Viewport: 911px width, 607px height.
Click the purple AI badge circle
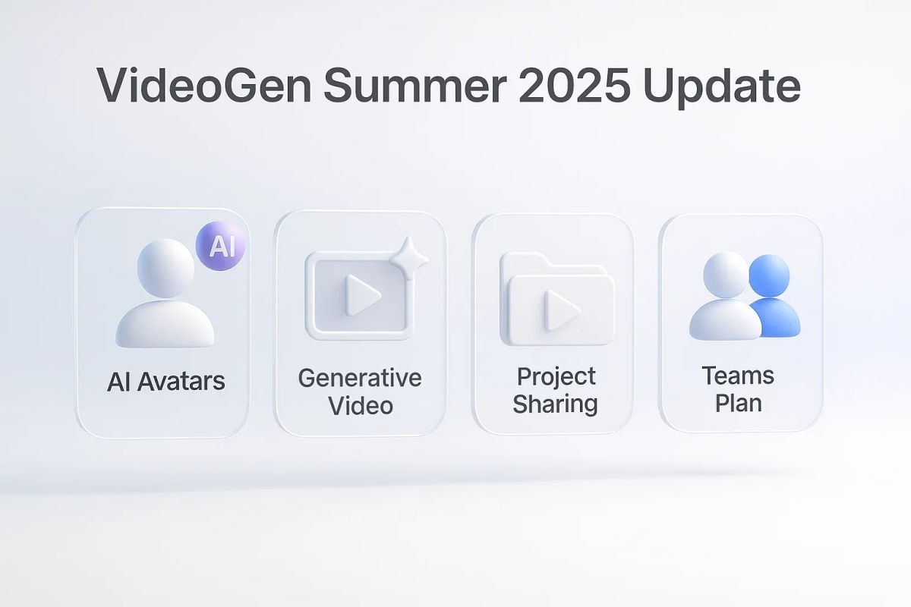[221, 247]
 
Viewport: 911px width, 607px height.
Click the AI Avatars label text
[165, 381]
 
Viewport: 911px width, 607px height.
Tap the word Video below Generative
[361, 404]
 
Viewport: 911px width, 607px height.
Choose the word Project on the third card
[556, 376]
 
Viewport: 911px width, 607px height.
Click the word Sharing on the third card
[556, 403]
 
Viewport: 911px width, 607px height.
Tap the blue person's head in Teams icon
[769, 274]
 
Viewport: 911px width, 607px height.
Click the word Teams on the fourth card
[738, 376]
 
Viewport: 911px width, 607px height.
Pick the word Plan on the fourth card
[738, 402]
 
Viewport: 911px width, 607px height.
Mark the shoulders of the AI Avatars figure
[165, 322]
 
